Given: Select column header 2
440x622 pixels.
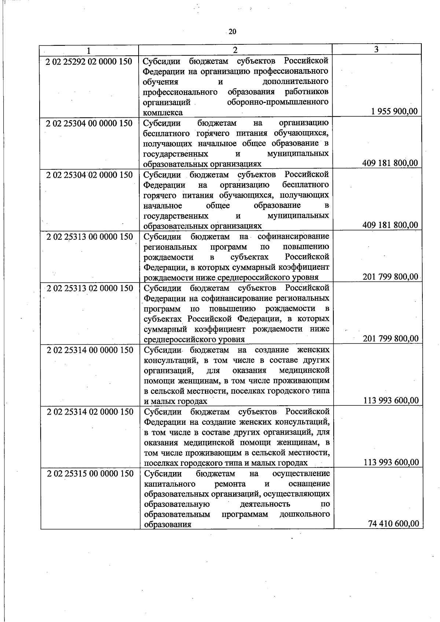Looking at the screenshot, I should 235,50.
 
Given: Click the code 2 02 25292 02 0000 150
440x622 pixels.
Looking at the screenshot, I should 89,61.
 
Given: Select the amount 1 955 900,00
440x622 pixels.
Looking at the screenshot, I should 394,111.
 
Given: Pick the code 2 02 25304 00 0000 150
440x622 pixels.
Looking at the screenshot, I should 89,123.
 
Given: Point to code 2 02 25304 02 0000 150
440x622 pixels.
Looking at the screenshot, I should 89,175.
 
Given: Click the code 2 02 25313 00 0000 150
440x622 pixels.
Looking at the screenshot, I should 89,237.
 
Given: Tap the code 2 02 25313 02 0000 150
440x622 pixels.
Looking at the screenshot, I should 89,288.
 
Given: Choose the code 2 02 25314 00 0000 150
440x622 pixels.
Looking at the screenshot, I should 90,350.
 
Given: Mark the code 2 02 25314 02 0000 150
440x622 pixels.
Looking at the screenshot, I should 90,412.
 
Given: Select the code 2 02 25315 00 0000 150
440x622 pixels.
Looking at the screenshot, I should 90,474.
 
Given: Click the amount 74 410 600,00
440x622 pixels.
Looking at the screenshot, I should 393,524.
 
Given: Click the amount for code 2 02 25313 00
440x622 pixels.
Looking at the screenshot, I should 390,276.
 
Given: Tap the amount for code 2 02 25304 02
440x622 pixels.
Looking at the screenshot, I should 390,225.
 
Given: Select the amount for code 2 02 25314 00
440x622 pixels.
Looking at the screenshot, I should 391,400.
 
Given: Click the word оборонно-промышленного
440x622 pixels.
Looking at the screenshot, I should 278,102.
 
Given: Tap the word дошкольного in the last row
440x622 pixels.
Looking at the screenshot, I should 304,514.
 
